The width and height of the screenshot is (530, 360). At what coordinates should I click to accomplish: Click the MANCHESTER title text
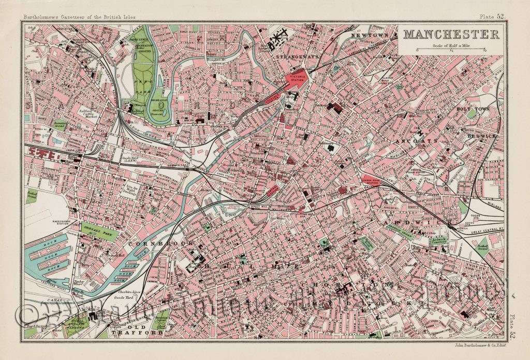451,35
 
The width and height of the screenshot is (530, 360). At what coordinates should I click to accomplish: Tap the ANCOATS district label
423,140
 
